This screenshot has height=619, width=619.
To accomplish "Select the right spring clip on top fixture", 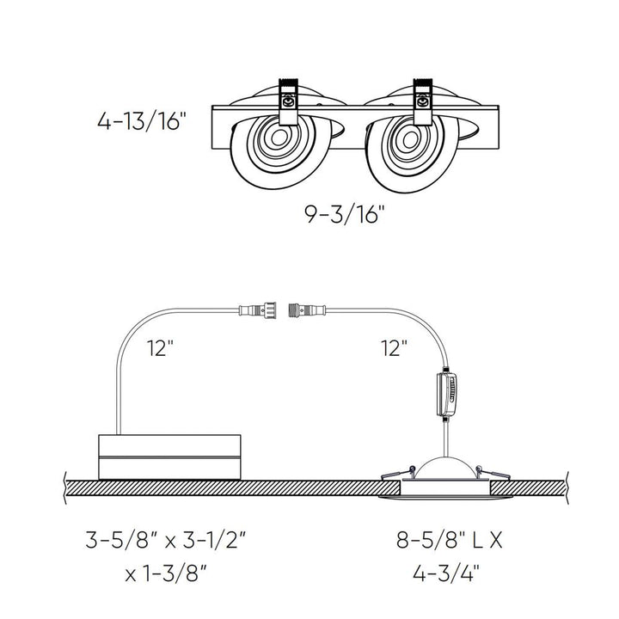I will [x=422, y=101].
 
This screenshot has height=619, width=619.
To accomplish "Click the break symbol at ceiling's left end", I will [x=66, y=486].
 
